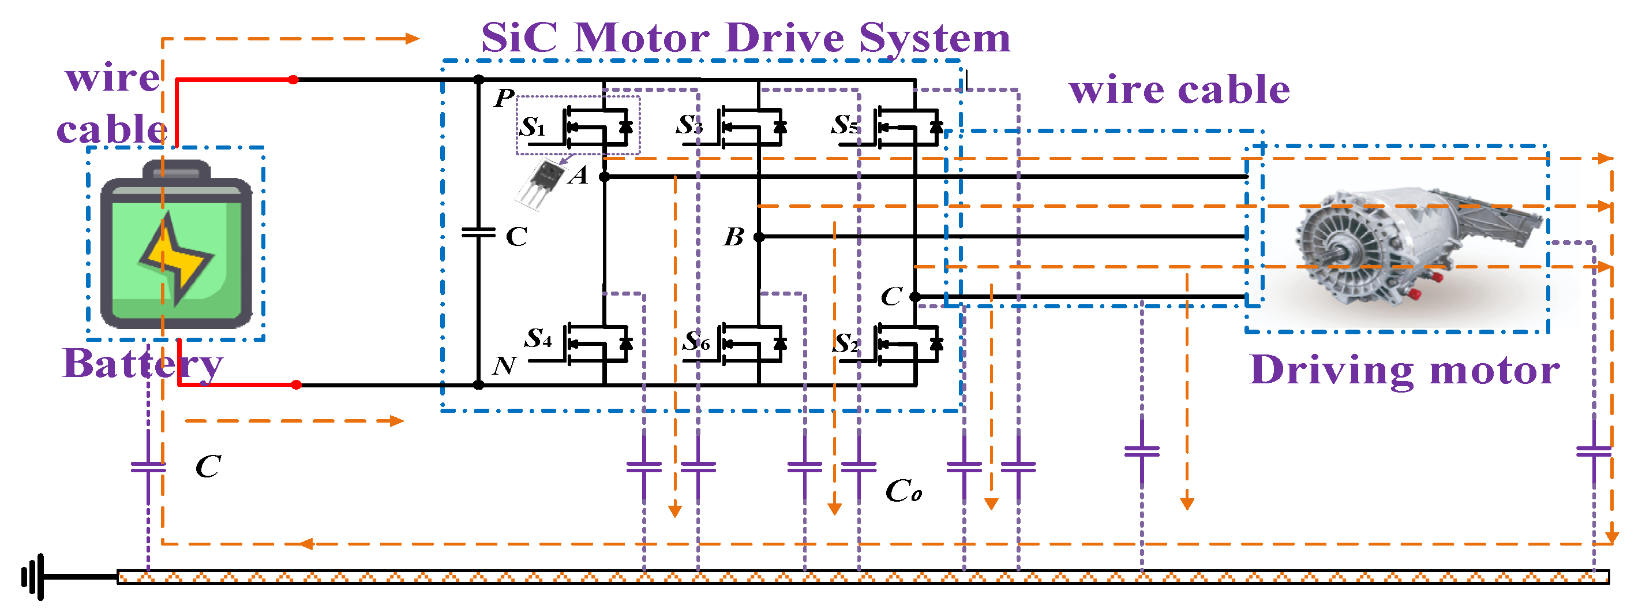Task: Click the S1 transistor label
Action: pos(532,127)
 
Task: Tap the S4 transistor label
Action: pos(538,339)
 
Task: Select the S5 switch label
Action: pos(845,125)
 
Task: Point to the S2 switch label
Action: pos(846,344)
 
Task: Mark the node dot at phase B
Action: pos(759,237)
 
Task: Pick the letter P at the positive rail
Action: pos(504,98)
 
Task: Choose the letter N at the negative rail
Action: pos(504,366)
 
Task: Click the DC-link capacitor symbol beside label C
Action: pos(479,233)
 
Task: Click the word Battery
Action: pos(143,364)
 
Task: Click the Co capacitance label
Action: pos(903,491)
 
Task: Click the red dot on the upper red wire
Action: pos(293,80)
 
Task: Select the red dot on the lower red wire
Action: pos(296,384)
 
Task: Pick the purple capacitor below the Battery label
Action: pos(148,468)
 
